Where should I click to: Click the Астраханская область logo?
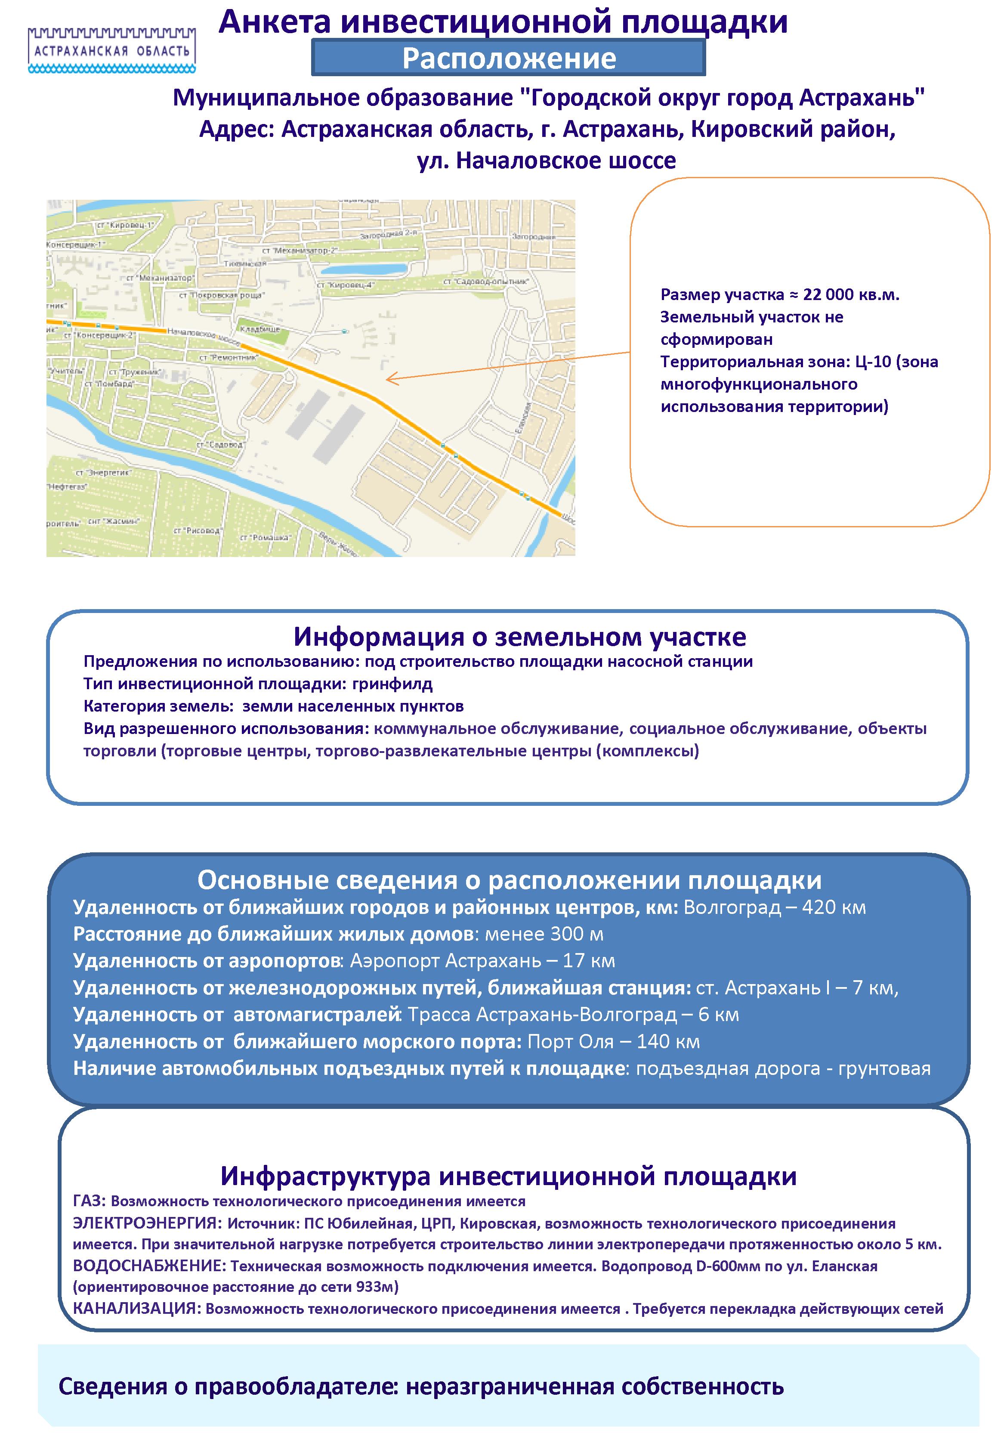(111, 49)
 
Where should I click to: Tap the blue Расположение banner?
(509, 58)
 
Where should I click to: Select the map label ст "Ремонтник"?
(229, 357)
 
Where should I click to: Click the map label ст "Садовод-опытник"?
(486, 282)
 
